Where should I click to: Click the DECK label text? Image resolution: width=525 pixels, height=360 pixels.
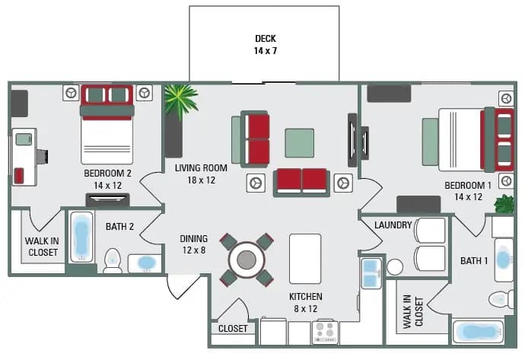266,45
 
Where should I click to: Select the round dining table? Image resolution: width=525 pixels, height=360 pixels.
246,260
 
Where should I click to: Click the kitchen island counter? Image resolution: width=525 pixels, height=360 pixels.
305,258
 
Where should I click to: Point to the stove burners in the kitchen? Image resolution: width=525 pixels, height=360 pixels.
325,332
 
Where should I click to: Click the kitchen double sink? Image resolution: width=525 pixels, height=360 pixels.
371,272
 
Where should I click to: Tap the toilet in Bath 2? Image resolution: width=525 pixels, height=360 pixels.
113,260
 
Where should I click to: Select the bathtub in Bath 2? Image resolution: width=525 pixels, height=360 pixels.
81,237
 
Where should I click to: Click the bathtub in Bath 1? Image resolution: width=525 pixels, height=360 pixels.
477,332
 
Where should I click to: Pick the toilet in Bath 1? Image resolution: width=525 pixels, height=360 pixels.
501,298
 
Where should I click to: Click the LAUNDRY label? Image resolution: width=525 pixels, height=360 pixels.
393,225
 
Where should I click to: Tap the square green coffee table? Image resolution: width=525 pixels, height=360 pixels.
299,142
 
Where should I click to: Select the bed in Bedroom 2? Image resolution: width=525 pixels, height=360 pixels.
107,125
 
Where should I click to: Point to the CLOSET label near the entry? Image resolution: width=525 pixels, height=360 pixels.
232,330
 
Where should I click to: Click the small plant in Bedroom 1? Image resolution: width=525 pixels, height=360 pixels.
504,203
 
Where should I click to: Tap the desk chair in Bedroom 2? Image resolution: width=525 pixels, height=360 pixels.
41,156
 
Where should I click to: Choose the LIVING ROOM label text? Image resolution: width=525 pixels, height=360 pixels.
201,174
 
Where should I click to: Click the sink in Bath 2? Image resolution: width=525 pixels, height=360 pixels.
145,263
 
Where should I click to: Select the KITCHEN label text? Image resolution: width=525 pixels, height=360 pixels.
305,303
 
